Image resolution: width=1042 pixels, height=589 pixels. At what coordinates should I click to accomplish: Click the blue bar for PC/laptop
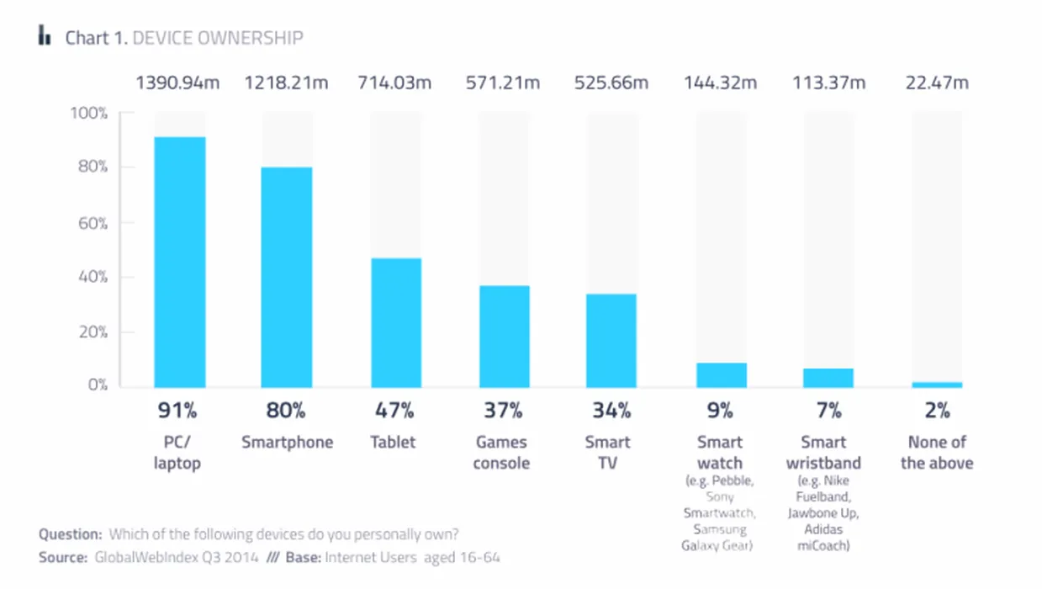point(179,262)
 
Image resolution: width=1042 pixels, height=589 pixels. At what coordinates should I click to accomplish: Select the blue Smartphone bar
point(287,277)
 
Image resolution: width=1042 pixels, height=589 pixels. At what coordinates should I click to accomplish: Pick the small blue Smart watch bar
point(721,375)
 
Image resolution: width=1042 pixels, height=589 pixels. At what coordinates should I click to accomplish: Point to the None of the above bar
point(937,385)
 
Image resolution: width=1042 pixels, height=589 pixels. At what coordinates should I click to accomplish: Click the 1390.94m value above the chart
point(178,82)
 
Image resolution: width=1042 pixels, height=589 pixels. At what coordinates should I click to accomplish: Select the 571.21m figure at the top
point(504,82)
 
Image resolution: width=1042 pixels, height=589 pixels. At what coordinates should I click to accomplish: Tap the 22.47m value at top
point(937,82)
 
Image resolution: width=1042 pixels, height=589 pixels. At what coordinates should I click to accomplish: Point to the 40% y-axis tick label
point(91,277)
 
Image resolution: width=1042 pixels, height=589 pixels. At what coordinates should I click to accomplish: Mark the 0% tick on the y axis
point(96,385)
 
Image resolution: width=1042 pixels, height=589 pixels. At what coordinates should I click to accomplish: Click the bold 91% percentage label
point(178,411)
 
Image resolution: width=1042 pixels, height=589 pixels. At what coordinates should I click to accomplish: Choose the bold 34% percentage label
point(611,411)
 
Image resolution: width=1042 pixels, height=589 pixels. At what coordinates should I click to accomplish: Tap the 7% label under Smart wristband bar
point(828,411)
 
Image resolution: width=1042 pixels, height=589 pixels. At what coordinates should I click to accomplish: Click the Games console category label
point(501,453)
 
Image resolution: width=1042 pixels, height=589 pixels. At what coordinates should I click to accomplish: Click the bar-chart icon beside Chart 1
point(45,36)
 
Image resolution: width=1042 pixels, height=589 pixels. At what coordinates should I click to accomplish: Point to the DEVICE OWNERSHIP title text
point(218,38)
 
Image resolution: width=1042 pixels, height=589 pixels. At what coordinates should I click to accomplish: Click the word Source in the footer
point(63,557)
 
